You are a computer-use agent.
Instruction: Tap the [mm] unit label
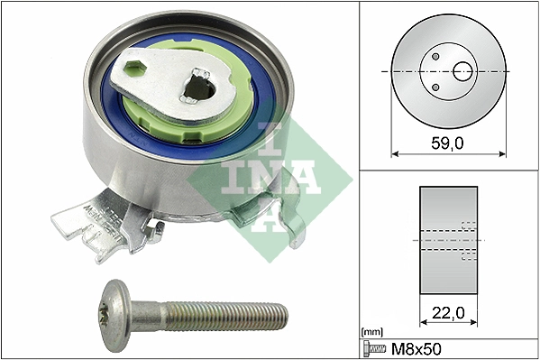pos(370,332)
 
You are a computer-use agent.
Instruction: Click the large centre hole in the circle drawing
pos(463,70)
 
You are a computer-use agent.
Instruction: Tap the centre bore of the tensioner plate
pos(200,87)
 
